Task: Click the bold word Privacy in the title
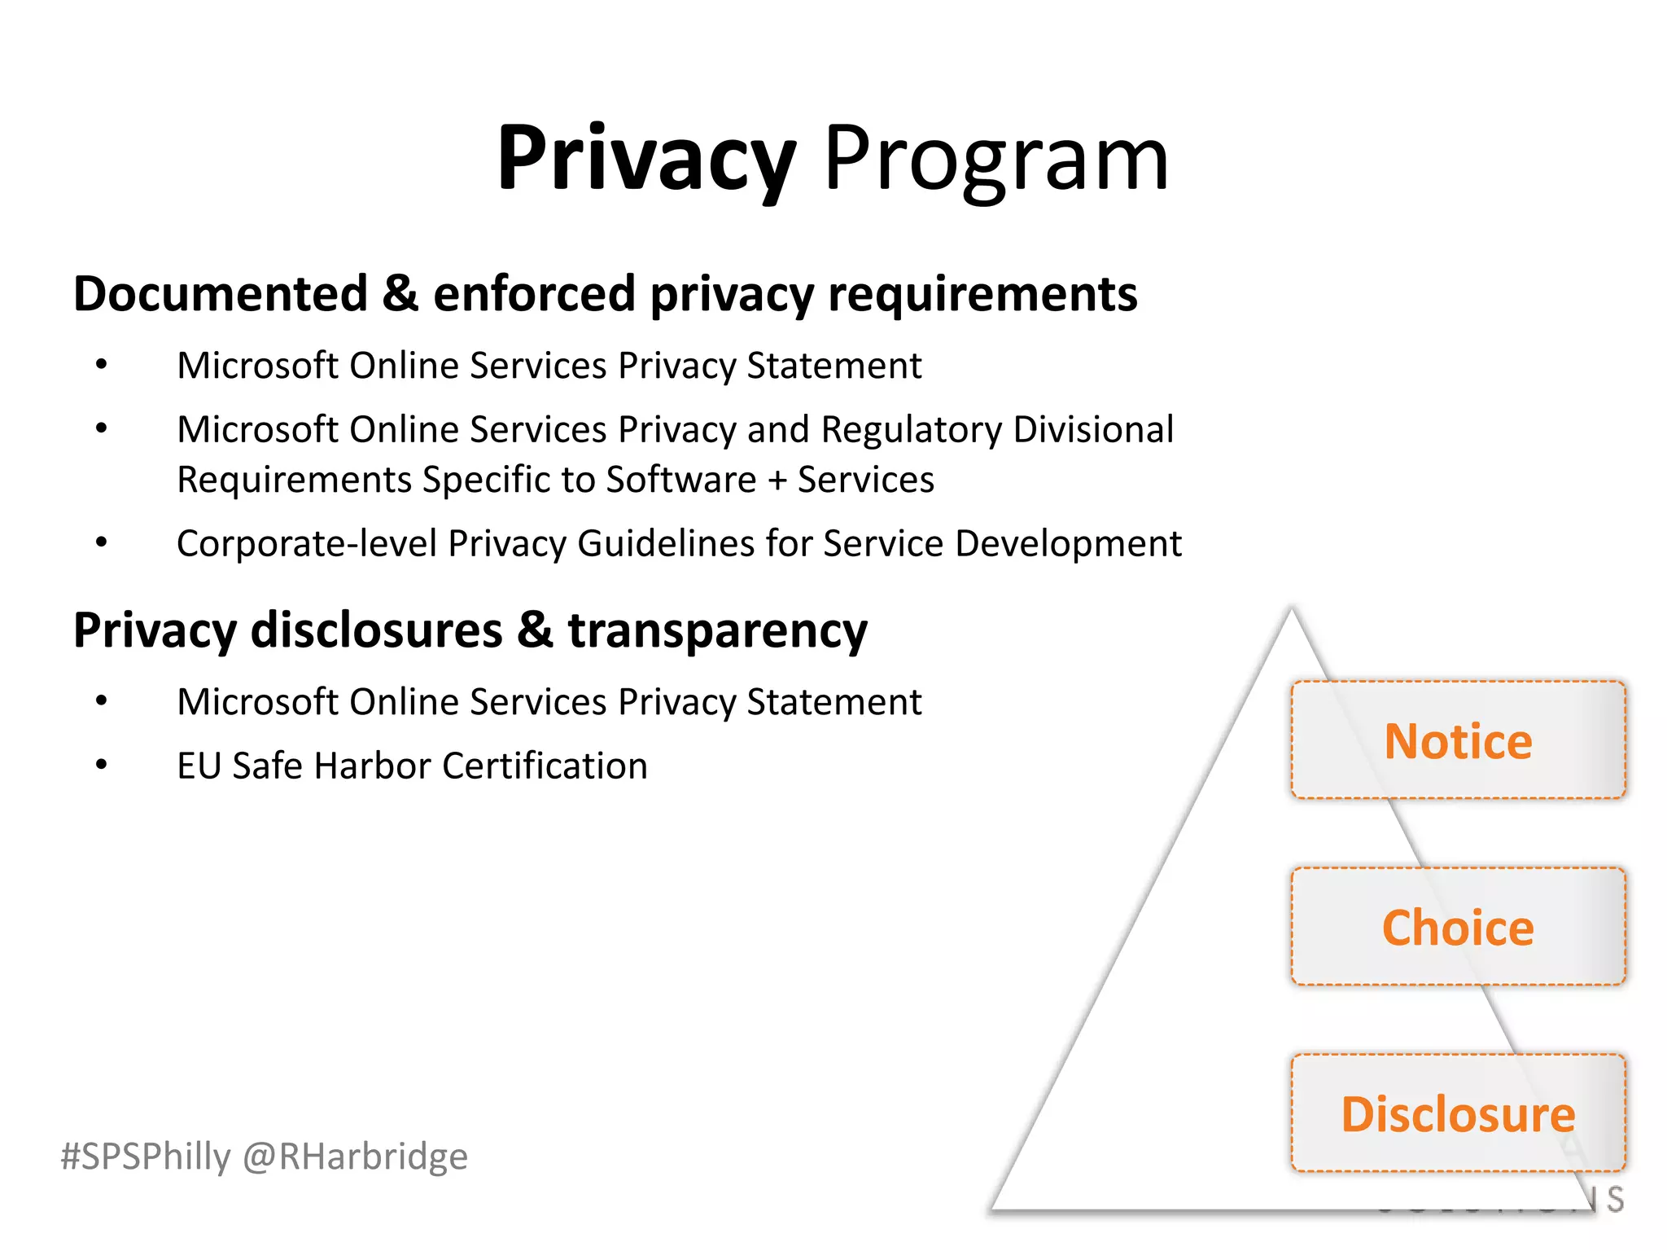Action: [x=645, y=159]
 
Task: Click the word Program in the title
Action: [x=996, y=159]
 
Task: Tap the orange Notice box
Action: [x=1458, y=740]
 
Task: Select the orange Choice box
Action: [x=1458, y=927]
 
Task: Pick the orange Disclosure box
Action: [x=1458, y=1113]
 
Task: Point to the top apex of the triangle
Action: [x=1291, y=611]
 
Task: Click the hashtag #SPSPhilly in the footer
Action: [x=146, y=1157]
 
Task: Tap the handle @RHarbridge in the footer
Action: [x=356, y=1157]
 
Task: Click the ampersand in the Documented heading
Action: [x=400, y=293]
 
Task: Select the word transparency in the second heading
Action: [x=717, y=631]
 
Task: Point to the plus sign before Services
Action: [x=777, y=480]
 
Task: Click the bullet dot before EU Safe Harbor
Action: [x=101, y=765]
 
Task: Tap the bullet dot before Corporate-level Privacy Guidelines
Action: [x=101, y=542]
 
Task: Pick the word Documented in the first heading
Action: [x=221, y=293]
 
